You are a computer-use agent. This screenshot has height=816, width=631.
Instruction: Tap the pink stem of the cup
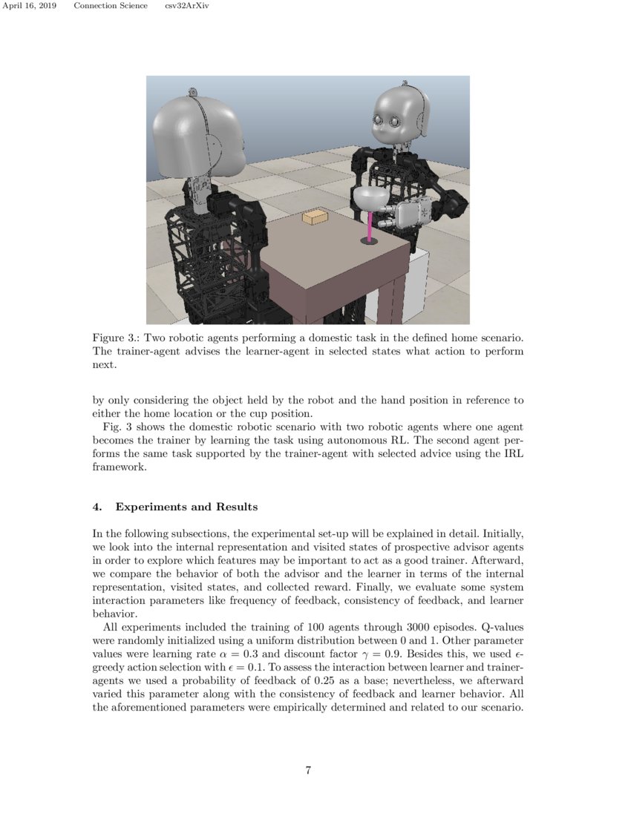coord(369,226)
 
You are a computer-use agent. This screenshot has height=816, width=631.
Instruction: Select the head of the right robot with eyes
coord(399,114)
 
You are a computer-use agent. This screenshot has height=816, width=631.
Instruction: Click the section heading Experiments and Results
coord(186,507)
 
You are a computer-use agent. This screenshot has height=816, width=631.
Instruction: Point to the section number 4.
coord(97,507)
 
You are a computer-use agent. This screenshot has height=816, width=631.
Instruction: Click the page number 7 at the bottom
coord(308,770)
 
